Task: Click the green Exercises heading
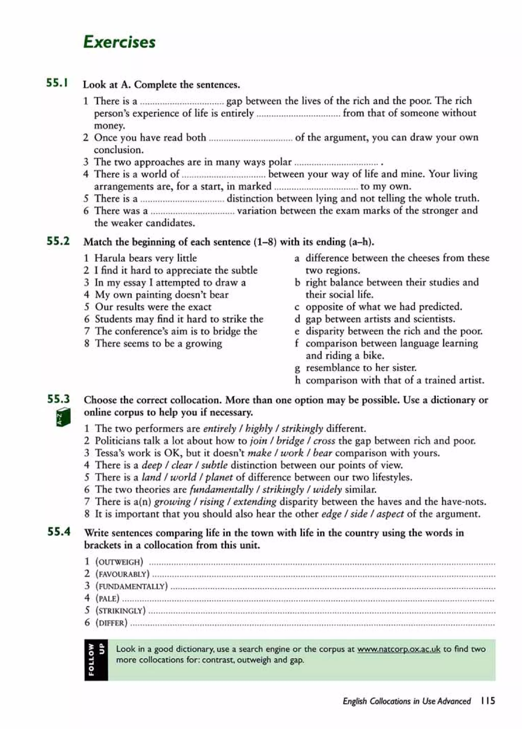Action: coord(119,42)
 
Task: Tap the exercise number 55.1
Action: coord(57,83)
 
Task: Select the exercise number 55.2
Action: coord(58,241)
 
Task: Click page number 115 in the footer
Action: coord(488,701)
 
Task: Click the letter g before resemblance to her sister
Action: coord(297,368)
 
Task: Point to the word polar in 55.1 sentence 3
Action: coord(280,162)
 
